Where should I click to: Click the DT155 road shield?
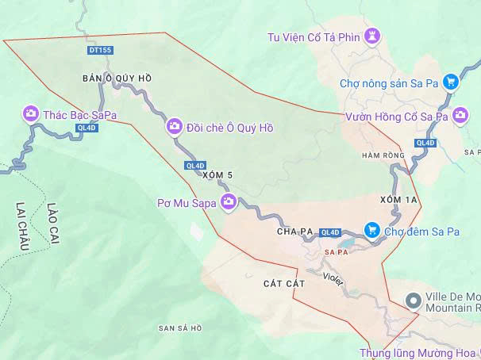coord(101,50)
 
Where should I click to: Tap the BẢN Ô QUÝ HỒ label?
coord(117,78)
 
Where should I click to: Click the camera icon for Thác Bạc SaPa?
coord(31,114)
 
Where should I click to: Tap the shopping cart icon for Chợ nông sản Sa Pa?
coord(450,82)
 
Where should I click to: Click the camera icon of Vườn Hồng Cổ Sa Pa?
coord(460,117)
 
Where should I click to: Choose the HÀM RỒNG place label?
coord(383,155)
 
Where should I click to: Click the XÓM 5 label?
coord(217,174)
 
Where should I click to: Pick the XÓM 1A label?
coord(398,199)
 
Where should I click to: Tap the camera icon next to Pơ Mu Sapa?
coord(229,201)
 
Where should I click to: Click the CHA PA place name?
coord(294,232)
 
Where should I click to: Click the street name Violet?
coord(333,278)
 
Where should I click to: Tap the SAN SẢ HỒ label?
coord(180,327)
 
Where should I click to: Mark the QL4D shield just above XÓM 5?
coord(194,165)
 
